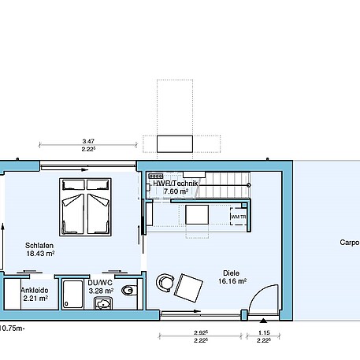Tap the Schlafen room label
[x=39, y=245]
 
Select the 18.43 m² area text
[x=39, y=254]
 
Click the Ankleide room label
[x=34, y=289]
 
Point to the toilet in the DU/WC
[x=131, y=291]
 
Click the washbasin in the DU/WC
[x=102, y=302]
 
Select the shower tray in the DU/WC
[x=73, y=293]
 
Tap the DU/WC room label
[x=100, y=281]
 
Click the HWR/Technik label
[x=175, y=183]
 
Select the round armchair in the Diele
[x=165, y=282]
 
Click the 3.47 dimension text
[x=88, y=140]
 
